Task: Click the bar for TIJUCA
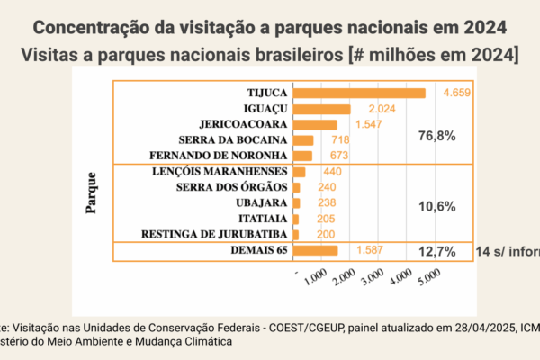click(x=359, y=93)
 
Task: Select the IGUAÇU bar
click(x=321, y=109)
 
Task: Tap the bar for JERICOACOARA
click(x=315, y=124)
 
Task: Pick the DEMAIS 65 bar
click(x=315, y=250)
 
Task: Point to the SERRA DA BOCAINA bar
click(x=303, y=140)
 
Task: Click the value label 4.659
click(x=456, y=93)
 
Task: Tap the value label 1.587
click(x=372, y=250)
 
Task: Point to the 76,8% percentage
click(x=437, y=136)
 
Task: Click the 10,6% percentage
click(x=437, y=206)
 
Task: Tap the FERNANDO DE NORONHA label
click(x=220, y=156)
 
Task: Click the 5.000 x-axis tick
click(x=427, y=282)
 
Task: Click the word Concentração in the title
click(x=96, y=24)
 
